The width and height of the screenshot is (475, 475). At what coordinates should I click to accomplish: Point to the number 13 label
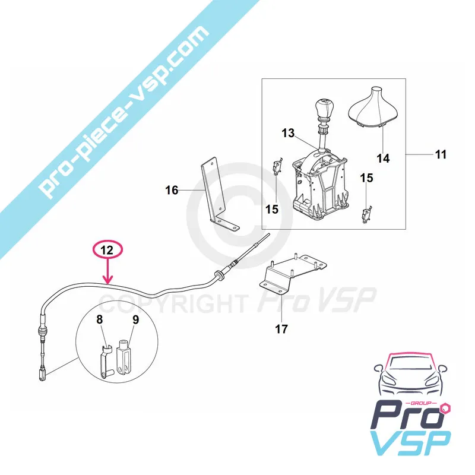[288, 134]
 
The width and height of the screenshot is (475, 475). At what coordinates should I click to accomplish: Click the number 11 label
[440, 155]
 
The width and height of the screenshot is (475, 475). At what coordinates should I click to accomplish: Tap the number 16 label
[172, 191]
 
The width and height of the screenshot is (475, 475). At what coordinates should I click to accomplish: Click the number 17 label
[282, 328]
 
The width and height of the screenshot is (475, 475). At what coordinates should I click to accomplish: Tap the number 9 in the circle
[135, 319]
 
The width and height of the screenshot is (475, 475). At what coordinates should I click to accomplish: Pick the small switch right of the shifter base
[366, 210]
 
